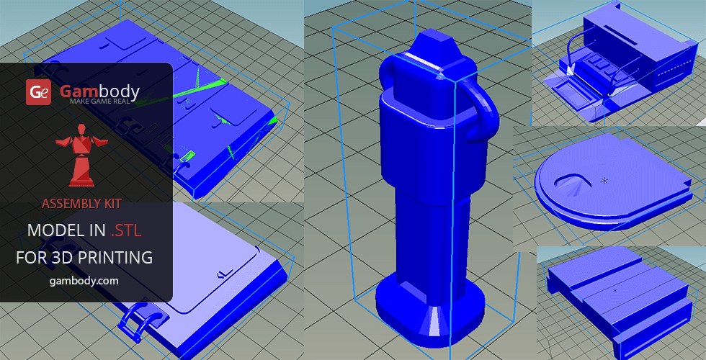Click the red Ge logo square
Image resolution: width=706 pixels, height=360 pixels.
tap(38, 92)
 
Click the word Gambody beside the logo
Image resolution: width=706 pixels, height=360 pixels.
tap(99, 91)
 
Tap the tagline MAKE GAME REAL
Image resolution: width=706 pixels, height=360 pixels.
tap(100, 102)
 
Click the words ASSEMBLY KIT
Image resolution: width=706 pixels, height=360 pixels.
tap(82, 204)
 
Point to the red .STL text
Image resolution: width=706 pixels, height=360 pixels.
tap(125, 230)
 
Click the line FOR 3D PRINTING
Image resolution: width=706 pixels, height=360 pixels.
tap(84, 258)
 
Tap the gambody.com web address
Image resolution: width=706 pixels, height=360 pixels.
tap(84, 281)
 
